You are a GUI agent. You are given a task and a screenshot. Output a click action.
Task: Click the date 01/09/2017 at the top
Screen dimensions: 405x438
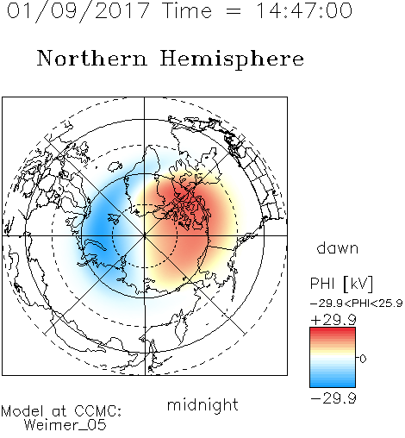coord(78,11)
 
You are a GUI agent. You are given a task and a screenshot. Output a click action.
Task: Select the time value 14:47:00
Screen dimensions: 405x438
coord(304,10)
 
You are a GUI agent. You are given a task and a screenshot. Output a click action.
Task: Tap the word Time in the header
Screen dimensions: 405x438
coord(187,10)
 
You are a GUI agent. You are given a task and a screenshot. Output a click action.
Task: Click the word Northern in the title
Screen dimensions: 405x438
coord(91,58)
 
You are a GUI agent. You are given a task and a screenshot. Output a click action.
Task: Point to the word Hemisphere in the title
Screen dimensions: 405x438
coord(232,59)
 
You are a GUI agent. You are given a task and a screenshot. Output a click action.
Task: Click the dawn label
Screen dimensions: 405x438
coord(337,247)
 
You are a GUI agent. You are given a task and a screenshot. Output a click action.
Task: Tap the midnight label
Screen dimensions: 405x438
coord(202,404)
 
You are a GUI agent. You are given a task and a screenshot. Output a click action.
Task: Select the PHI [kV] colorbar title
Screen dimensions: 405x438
coord(341,284)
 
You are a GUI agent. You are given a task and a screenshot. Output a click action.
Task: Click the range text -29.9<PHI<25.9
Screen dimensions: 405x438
coord(357,303)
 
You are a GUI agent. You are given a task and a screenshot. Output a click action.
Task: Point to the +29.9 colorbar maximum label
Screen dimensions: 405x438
coord(333,320)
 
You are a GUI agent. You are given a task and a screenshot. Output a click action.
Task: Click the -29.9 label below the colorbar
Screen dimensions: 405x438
coord(333,398)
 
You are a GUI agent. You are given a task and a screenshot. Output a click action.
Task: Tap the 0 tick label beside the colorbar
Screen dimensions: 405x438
coord(363,359)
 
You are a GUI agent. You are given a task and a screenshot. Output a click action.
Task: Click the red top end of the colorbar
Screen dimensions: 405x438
coord(333,330)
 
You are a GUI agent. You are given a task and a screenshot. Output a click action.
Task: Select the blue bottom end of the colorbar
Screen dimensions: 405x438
coord(333,384)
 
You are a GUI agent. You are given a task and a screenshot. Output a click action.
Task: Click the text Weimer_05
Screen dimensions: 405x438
coord(65,425)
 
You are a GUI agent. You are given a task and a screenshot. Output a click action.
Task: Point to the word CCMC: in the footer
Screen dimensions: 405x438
coord(98,410)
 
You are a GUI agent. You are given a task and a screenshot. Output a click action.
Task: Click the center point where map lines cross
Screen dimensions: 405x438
coord(144,235)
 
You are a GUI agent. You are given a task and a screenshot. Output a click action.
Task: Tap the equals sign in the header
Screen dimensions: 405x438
coord(234,11)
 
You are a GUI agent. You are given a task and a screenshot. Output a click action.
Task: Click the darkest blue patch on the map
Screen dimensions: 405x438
coord(99,227)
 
